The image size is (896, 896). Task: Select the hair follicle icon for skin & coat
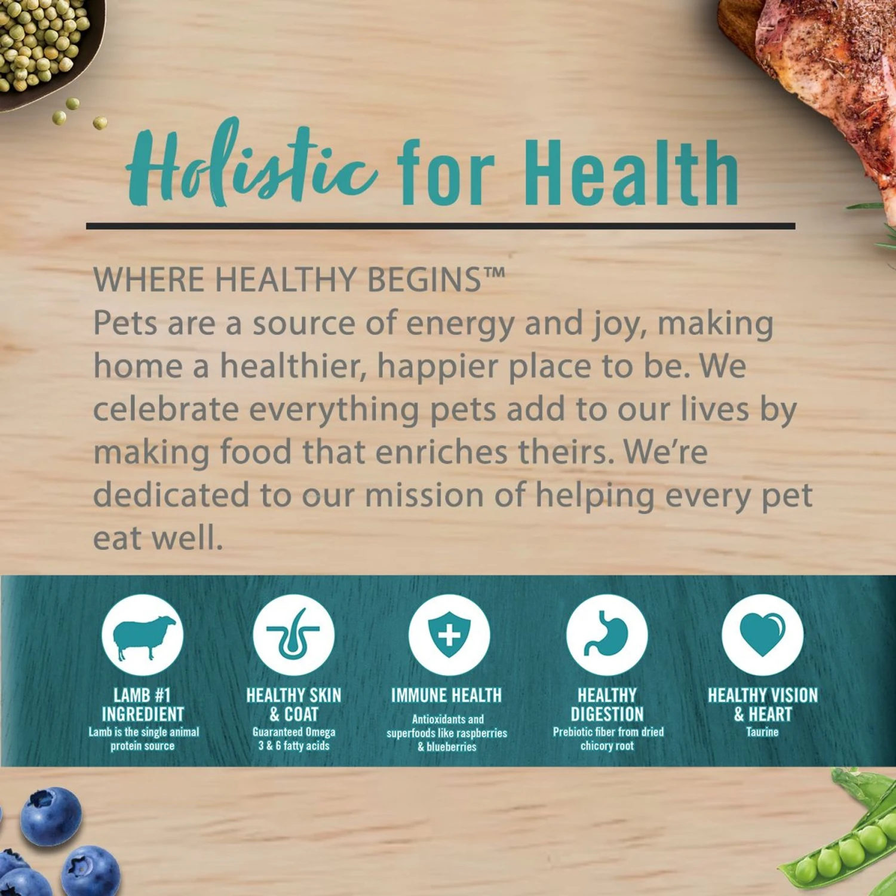pyautogui.click(x=293, y=634)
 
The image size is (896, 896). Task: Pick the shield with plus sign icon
pyautogui.click(x=449, y=634)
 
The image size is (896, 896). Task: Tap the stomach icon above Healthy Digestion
pyautogui.click(x=606, y=634)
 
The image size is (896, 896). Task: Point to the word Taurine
pyautogui.click(x=762, y=732)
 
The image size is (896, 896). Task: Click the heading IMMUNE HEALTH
pyautogui.click(x=447, y=695)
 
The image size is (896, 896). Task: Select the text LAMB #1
pyautogui.click(x=142, y=695)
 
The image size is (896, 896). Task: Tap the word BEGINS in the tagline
pyautogui.click(x=425, y=279)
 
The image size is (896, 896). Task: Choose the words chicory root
pyautogui.click(x=607, y=745)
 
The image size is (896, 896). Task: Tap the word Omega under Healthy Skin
pyautogui.click(x=320, y=732)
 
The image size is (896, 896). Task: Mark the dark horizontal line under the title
pyautogui.click(x=441, y=226)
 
